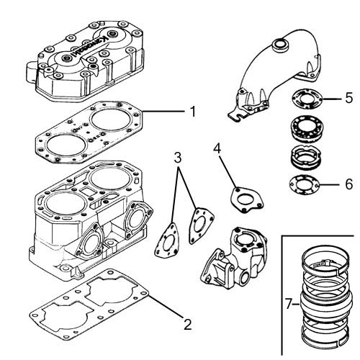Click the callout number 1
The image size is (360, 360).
193,112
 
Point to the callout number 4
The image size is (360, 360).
218,148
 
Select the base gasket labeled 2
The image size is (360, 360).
90,302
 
